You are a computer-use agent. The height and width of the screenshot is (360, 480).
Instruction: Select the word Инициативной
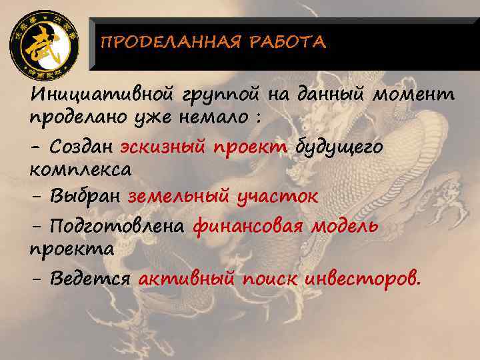[x=99, y=95]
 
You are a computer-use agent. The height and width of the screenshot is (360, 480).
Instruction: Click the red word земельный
[x=175, y=197]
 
